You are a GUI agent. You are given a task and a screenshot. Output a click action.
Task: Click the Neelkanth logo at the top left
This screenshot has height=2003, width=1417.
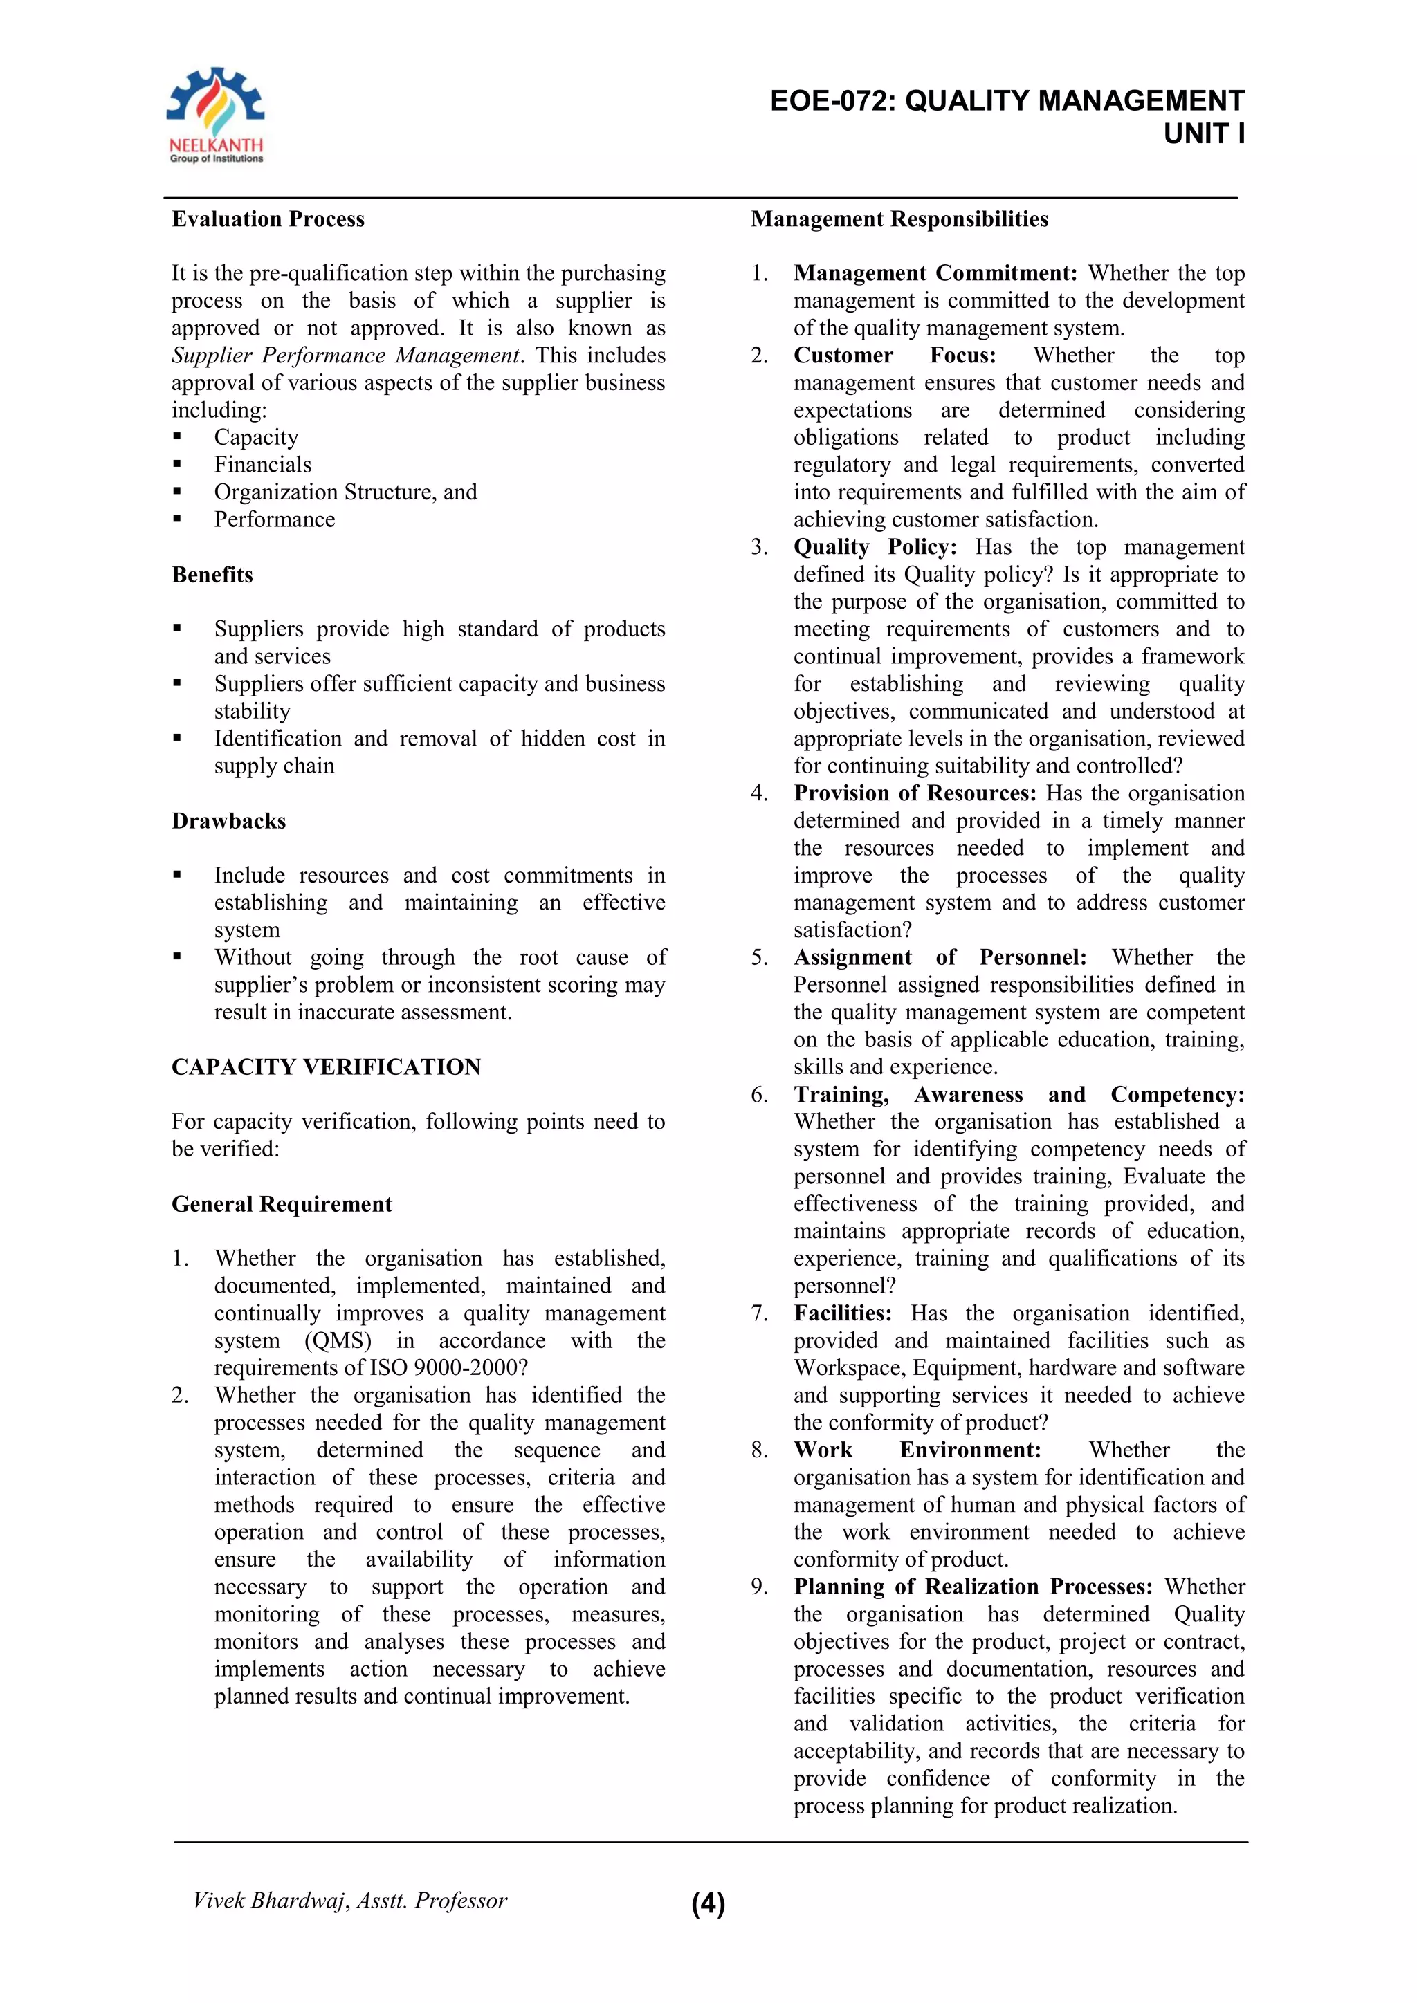(215, 115)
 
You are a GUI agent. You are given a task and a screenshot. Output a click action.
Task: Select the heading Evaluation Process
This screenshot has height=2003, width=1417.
(268, 219)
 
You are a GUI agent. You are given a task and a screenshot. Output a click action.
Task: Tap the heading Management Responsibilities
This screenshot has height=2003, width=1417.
(899, 219)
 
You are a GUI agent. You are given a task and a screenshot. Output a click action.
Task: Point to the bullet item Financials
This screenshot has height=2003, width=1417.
(263, 465)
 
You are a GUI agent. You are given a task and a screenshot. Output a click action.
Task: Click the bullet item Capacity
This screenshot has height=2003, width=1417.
(257, 437)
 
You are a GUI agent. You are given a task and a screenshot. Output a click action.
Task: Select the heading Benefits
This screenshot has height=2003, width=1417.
(212, 575)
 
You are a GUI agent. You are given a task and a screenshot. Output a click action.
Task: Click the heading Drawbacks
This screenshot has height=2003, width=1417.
(228, 821)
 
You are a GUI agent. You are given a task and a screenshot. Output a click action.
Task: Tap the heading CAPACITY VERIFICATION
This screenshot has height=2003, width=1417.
(325, 1067)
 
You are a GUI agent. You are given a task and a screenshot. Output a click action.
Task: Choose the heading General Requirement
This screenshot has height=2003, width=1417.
(281, 1204)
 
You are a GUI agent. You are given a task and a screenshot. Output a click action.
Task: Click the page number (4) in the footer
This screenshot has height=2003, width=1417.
(708, 1903)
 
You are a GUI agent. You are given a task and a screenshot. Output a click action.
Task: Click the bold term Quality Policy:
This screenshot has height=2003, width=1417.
(875, 547)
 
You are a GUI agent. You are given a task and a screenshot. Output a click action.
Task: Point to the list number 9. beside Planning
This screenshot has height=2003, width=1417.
(759, 1587)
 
